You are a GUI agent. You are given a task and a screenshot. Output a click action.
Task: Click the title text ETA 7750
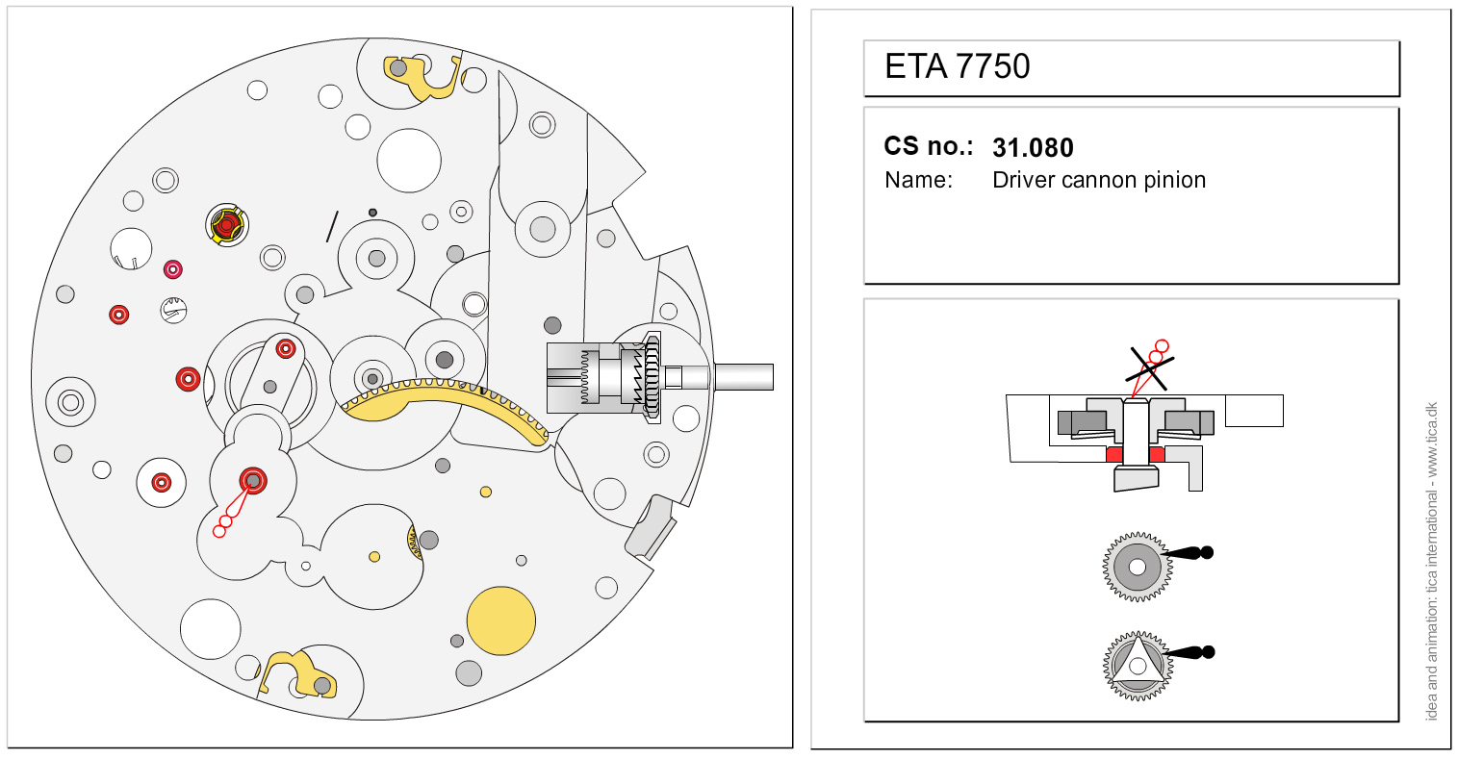tap(957, 66)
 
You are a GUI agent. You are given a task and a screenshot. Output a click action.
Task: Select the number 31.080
tap(1033, 148)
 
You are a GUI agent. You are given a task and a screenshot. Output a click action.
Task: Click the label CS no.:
tap(929, 146)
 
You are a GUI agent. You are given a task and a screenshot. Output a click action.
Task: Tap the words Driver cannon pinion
tap(1099, 180)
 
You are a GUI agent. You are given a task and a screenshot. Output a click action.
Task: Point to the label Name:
tap(918, 180)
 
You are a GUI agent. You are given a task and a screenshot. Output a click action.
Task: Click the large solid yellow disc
tap(501, 620)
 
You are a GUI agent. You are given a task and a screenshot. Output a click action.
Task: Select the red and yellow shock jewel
tap(227, 225)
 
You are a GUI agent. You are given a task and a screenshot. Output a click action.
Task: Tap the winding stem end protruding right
tap(744, 377)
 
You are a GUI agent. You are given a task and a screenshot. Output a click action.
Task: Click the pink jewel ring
tap(172, 269)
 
